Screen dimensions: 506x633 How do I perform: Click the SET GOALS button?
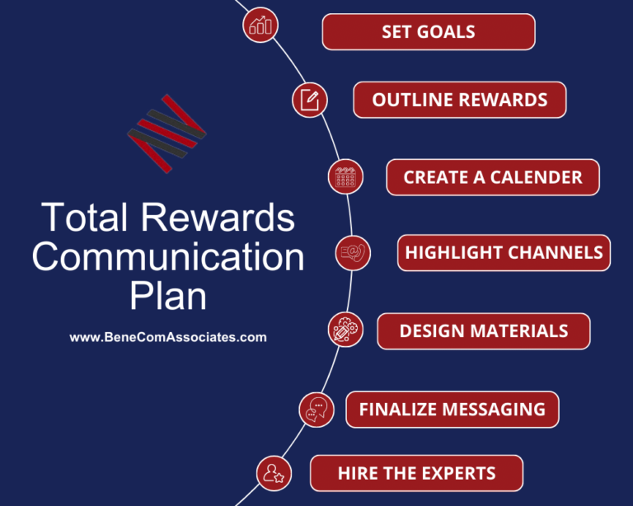point(428,32)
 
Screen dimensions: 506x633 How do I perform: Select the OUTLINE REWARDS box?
point(459,100)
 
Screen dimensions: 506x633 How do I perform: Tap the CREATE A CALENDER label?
point(492,177)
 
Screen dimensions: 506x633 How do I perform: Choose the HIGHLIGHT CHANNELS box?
point(504,253)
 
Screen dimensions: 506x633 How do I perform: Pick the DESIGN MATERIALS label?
point(483,331)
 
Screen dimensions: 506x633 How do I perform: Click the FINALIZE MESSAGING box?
point(452,410)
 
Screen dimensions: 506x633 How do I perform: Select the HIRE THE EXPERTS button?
point(416,473)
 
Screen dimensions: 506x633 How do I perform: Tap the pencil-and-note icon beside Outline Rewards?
point(310,101)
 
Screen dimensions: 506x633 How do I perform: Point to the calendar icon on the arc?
point(345,177)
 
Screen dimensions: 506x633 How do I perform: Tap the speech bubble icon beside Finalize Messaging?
point(317,409)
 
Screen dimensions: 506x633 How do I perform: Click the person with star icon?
point(273,472)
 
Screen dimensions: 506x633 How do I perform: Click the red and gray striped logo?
point(167,134)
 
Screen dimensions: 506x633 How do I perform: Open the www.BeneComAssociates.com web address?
point(168,337)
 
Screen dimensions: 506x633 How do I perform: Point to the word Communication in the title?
point(168,257)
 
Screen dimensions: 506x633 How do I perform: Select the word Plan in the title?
point(168,295)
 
